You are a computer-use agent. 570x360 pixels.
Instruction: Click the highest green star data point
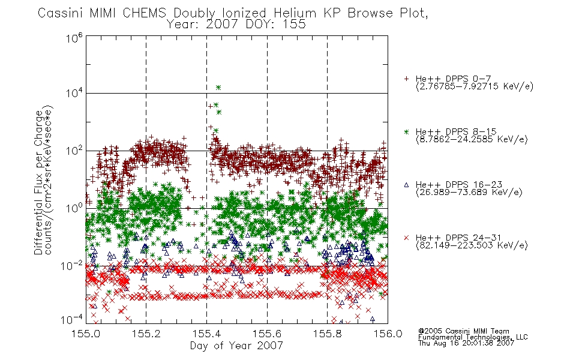point(218,87)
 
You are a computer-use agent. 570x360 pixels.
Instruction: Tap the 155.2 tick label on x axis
point(146,334)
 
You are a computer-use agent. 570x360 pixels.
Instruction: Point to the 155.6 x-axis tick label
point(267,334)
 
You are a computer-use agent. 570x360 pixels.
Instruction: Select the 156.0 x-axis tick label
point(388,334)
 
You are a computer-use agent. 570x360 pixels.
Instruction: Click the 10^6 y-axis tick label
point(74,38)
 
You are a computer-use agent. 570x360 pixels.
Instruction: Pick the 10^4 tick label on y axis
point(74,93)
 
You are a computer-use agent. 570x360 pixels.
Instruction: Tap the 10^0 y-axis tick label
point(74,208)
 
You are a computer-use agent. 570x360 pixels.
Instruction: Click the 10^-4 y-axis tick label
point(72,320)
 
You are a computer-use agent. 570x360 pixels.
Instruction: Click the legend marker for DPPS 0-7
point(407,79)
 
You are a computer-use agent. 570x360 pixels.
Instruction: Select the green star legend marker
point(407,131)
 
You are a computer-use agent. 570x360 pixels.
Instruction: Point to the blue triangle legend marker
point(407,185)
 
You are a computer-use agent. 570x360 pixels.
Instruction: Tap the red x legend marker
point(407,238)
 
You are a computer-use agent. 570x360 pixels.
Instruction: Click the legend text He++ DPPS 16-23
point(459,184)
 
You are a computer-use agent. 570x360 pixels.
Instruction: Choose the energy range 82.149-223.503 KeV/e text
point(472,245)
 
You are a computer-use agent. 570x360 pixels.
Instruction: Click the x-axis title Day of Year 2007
point(236,346)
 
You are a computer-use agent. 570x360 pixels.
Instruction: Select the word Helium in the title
point(295,13)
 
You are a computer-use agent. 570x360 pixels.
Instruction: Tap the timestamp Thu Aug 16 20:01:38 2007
point(466,343)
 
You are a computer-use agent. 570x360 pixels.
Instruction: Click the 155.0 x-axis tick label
point(86,334)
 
